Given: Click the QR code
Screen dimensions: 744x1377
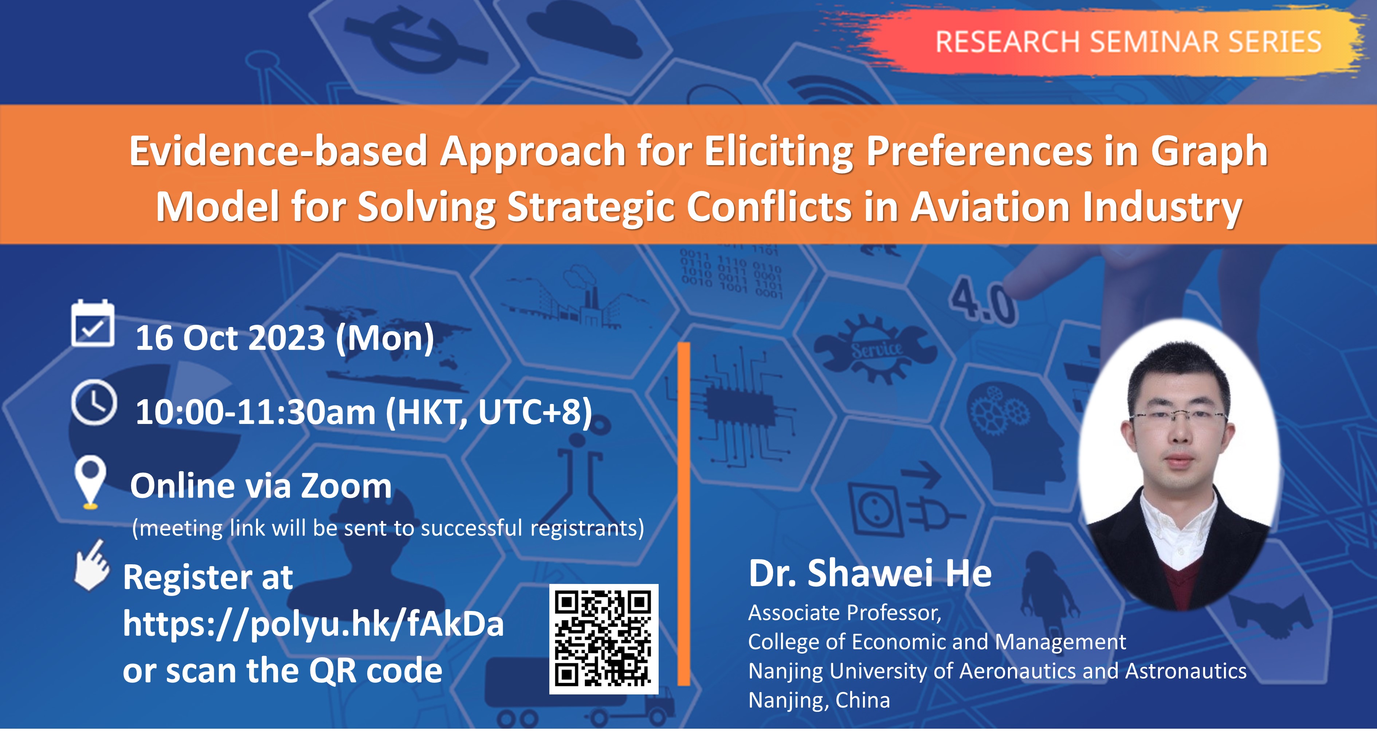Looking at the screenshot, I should tap(604, 639).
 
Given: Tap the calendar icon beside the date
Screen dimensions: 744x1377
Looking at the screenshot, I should tap(93, 324).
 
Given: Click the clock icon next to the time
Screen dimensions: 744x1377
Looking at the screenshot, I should tap(94, 402).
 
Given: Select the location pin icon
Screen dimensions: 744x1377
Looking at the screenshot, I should tap(90, 480).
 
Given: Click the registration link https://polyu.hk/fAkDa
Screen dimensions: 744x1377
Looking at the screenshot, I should tap(313, 624).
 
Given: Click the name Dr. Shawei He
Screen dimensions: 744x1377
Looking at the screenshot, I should tap(870, 573).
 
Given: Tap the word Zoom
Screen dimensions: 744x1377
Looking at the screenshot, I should tap(347, 486).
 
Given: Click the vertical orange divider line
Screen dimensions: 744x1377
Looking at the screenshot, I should tap(684, 514).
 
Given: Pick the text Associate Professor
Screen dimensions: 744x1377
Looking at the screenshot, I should tap(844, 613).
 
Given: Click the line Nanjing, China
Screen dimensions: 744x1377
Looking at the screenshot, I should tap(819, 700).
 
